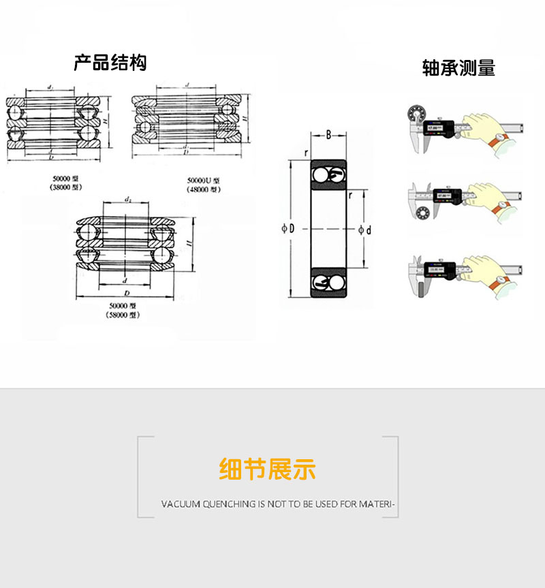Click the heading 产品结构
110,63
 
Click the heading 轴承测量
458,68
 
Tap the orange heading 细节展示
268,469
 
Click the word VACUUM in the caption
181,505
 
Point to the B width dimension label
328,135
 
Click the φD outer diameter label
288,229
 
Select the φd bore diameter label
365,230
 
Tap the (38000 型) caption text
66,187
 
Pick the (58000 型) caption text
123,315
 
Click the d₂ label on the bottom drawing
128,199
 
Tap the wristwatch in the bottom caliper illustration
501,280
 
